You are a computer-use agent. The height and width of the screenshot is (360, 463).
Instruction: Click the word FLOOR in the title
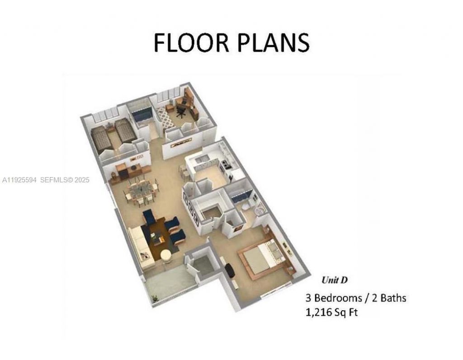pyautogui.click(x=189, y=42)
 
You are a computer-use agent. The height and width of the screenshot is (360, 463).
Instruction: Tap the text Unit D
pyautogui.click(x=334, y=280)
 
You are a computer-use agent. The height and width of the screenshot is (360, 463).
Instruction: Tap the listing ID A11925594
pyautogui.click(x=20, y=180)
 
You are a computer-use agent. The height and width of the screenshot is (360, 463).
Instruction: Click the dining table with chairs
pyautogui.click(x=141, y=191)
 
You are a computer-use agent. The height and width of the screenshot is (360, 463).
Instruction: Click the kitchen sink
pyautogui.click(x=203, y=158)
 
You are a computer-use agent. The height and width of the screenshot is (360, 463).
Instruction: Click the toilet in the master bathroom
pyautogui.click(x=245, y=207)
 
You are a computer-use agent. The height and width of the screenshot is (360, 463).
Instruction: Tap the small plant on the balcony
pyautogui.click(x=155, y=299)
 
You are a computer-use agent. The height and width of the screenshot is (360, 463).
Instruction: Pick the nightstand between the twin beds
pyautogui.click(x=111, y=129)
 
